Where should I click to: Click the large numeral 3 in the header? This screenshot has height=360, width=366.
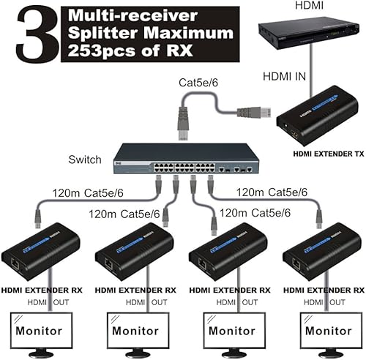29,34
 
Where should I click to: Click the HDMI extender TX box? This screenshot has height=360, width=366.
318,114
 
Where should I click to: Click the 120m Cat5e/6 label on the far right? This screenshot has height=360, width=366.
272,193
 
